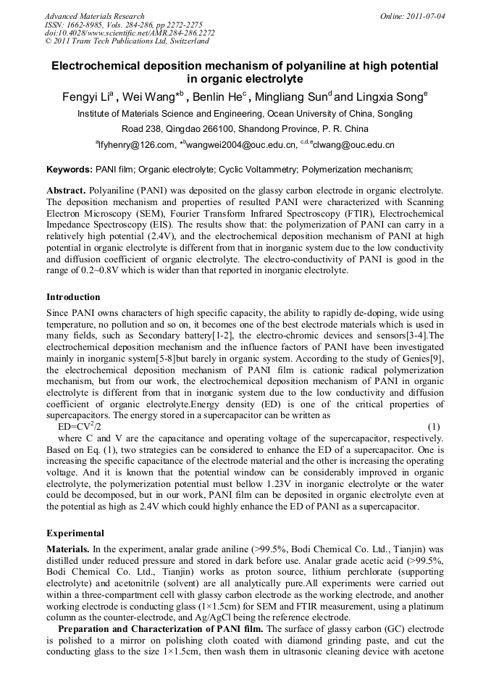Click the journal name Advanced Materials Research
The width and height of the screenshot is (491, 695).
click(x=94, y=16)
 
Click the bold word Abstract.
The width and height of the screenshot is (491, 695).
click(x=66, y=190)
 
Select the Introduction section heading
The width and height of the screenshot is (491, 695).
click(x=73, y=297)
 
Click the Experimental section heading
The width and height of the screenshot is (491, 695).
click(x=75, y=533)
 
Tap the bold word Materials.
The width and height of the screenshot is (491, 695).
click(x=67, y=551)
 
